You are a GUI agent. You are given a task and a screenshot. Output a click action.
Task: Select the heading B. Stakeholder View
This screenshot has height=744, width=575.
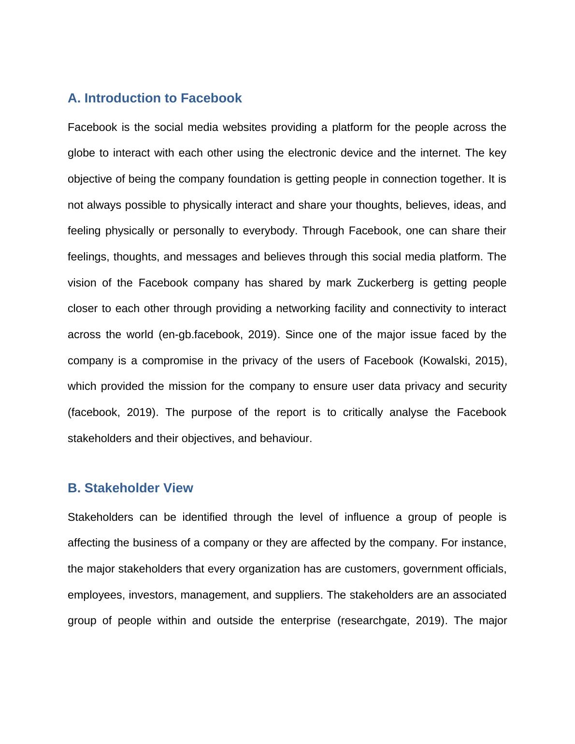(130, 488)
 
